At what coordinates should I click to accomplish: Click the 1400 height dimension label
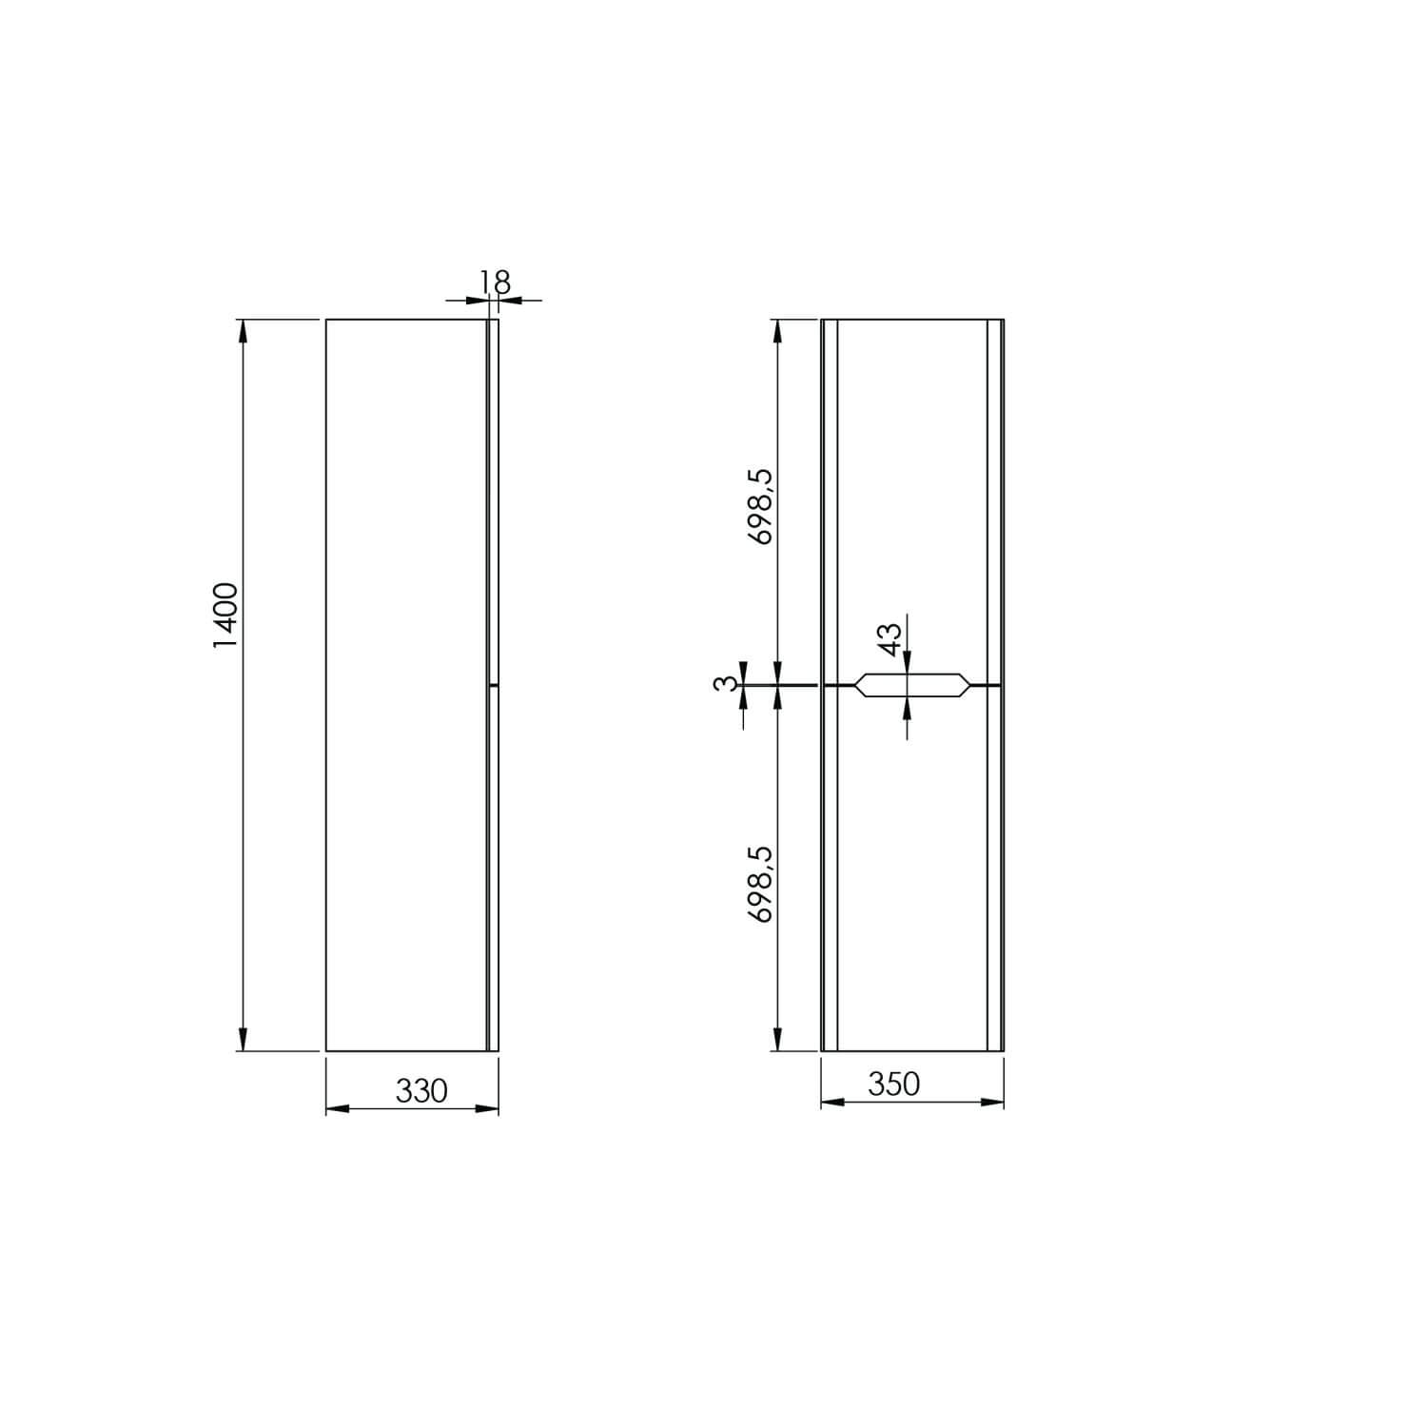(226, 616)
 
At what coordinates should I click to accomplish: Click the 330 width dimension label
(421, 1091)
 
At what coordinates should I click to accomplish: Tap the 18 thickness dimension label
(496, 283)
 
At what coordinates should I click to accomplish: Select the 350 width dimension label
(894, 1084)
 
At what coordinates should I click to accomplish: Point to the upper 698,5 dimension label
(761, 506)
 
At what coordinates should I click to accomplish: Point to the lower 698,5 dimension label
(761, 884)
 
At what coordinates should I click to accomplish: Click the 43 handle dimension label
(888, 638)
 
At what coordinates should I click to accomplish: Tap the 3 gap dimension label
(726, 683)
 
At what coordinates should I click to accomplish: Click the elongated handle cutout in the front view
(912, 685)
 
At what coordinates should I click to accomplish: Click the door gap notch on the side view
(494, 685)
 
